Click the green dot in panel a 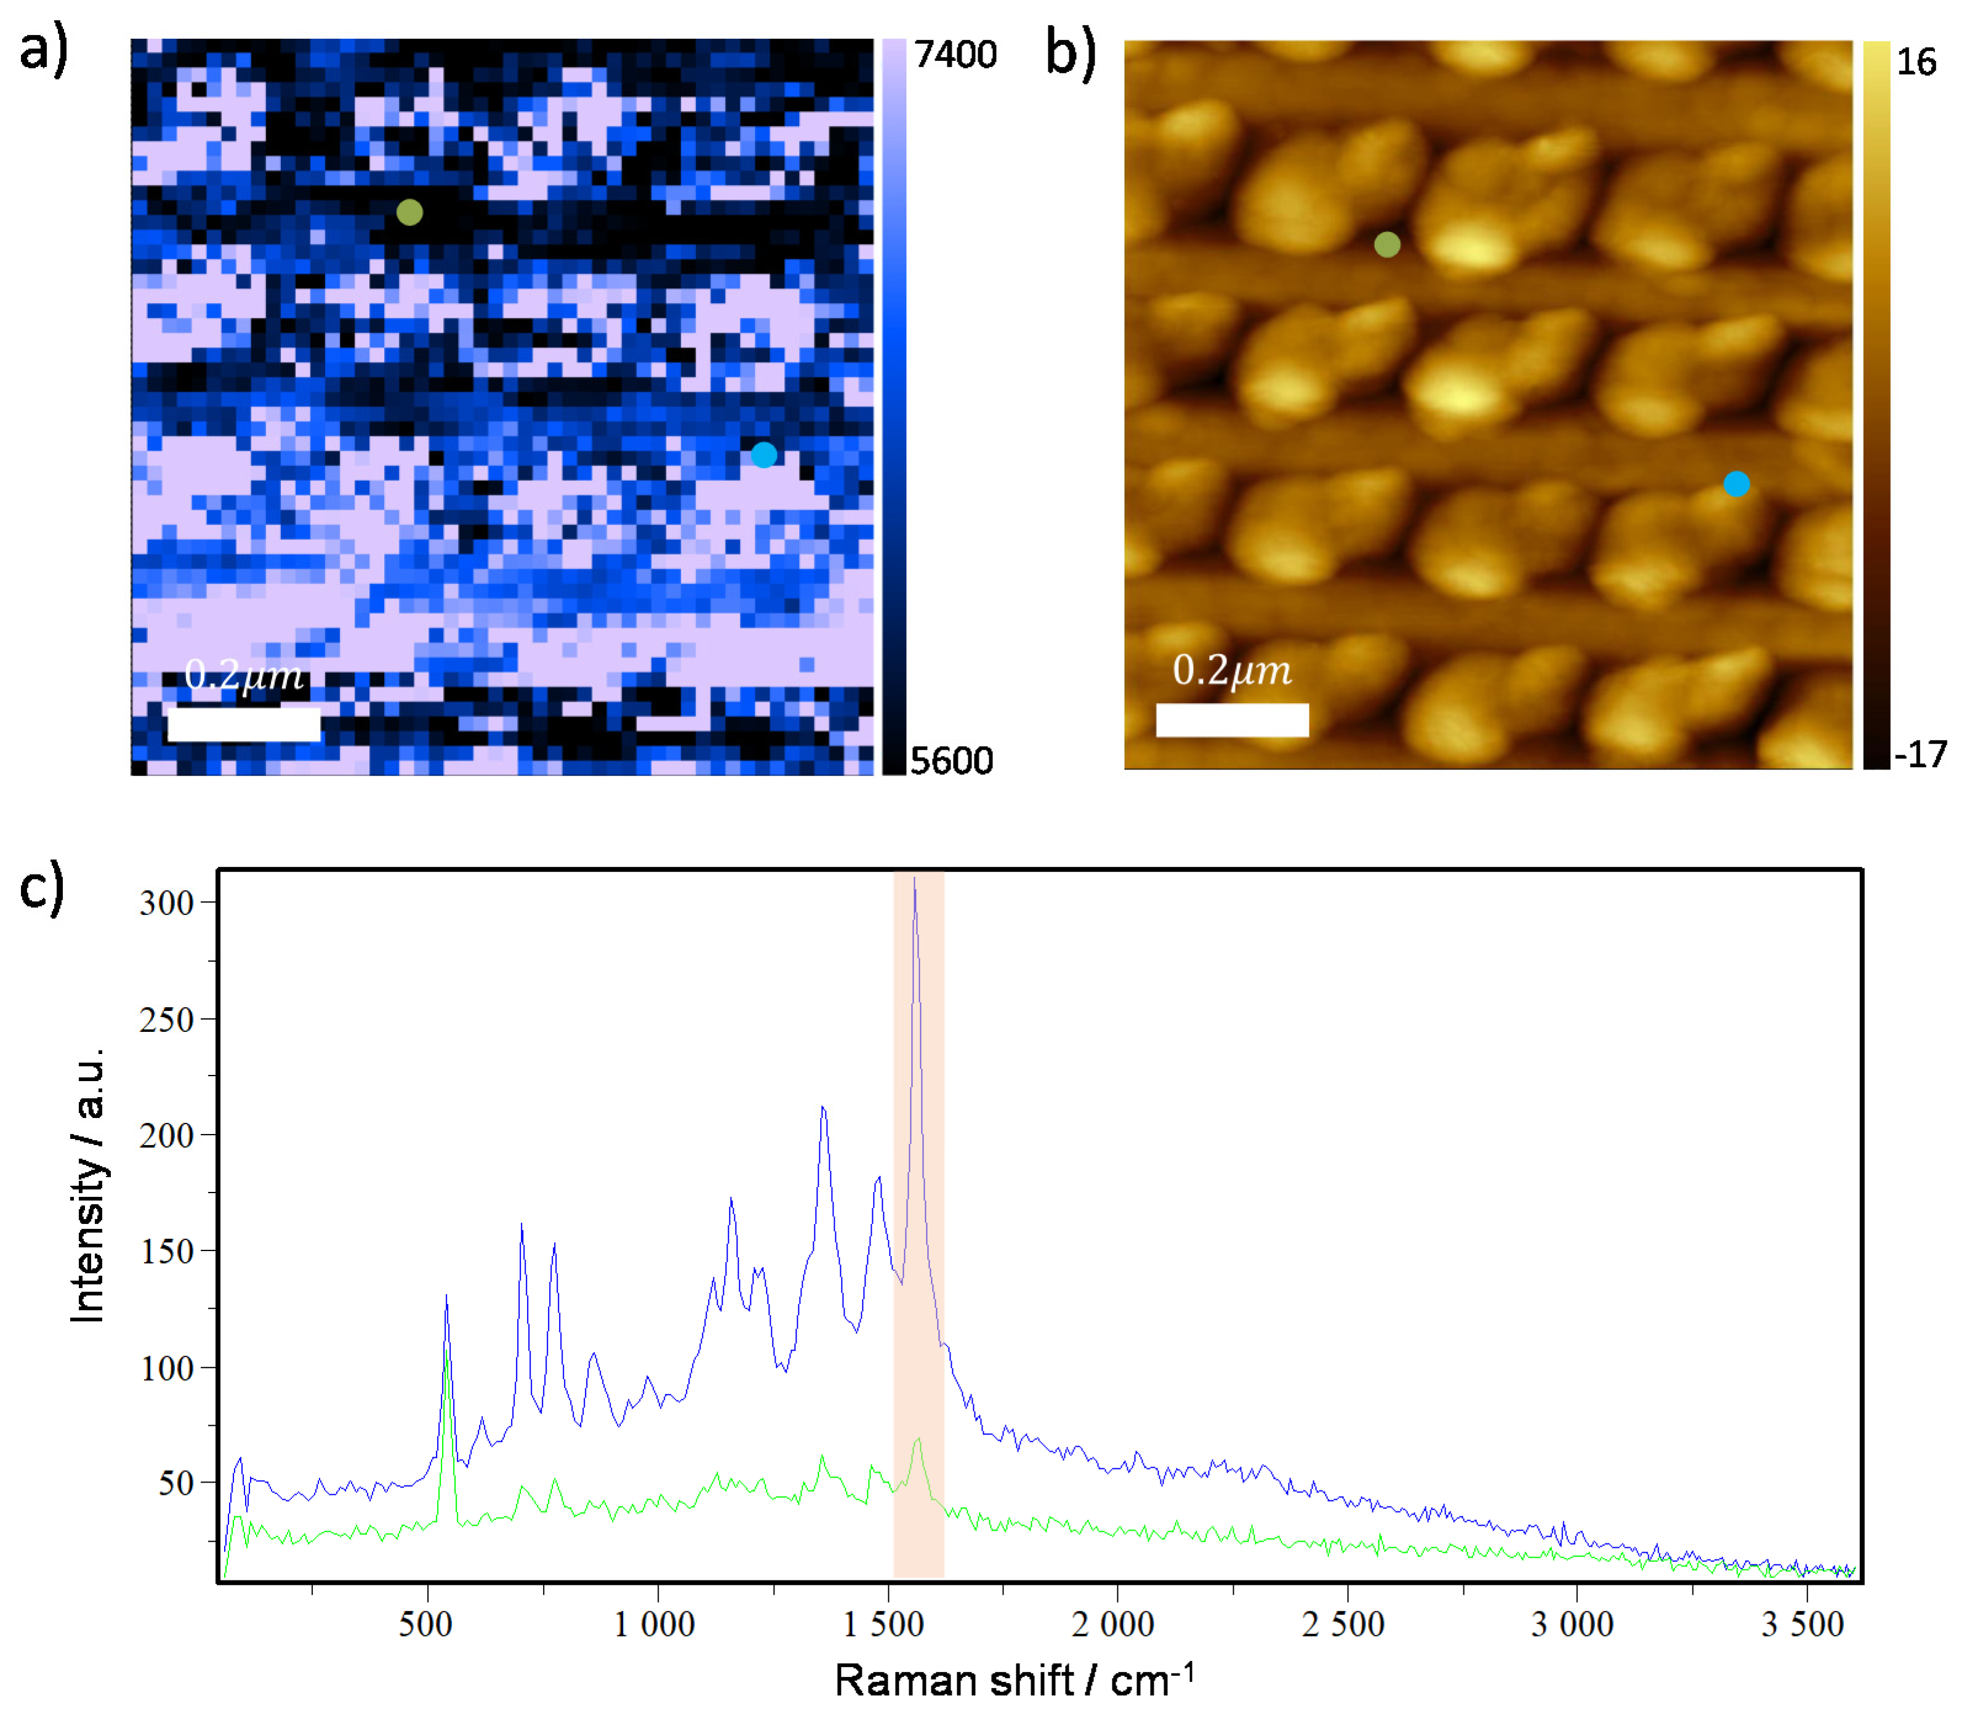409,212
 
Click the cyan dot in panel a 763,454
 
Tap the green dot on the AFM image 1386,245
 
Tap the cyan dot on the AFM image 1736,484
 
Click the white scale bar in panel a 244,724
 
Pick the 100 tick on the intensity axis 167,1369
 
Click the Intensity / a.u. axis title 88,1186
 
